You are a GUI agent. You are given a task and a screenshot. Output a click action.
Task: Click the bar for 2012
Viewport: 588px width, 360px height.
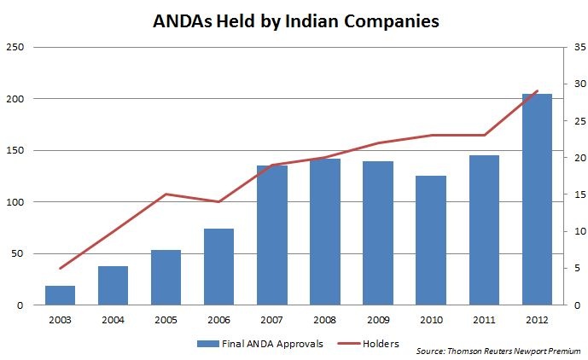pos(537,199)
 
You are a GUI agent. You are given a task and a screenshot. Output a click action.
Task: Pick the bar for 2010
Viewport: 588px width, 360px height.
pos(431,240)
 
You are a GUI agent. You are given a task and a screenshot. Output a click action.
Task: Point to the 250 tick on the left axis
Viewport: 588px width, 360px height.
pos(15,47)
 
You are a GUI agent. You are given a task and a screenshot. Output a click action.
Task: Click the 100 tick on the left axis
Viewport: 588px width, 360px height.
pos(15,202)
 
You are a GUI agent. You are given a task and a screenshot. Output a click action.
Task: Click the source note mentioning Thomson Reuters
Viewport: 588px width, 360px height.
pos(497,351)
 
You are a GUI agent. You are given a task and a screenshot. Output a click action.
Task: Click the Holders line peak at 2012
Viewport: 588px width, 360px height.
pos(537,91)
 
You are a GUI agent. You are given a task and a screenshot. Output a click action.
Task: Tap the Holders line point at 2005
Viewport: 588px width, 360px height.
pos(166,195)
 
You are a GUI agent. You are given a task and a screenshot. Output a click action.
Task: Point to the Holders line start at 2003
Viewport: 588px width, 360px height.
pos(61,268)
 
